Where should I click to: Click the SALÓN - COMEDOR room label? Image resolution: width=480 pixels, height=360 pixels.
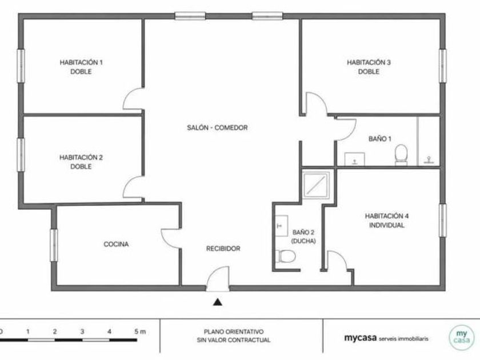[217, 127]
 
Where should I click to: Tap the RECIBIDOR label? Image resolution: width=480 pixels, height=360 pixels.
[223, 249]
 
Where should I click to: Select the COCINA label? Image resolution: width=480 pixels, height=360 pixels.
[116, 245]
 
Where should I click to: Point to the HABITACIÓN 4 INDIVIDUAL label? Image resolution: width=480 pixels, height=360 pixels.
[387, 221]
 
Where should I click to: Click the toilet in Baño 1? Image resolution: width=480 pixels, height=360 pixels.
[401, 155]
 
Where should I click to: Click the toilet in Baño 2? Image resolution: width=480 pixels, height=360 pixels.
[285, 256]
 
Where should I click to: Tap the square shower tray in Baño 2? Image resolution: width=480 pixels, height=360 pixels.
[316, 185]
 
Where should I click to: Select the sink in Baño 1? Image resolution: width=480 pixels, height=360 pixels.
[355, 159]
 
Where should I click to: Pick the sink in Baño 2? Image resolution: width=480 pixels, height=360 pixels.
[281, 226]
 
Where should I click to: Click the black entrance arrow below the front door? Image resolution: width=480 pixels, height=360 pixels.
[218, 302]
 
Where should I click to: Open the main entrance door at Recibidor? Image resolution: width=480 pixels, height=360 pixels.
[218, 279]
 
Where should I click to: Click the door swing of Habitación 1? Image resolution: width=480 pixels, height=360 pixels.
[133, 98]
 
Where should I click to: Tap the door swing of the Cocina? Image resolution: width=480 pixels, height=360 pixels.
[171, 239]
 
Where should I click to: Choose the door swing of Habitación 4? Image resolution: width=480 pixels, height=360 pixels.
[338, 261]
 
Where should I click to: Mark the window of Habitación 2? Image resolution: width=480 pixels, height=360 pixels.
[21, 155]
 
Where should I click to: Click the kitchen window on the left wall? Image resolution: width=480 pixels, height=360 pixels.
[54, 245]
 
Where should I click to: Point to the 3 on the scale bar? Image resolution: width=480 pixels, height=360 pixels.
[82, 331]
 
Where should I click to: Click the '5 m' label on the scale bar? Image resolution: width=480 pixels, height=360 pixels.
[140, 331]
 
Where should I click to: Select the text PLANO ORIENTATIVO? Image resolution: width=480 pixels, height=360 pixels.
[234, 332]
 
